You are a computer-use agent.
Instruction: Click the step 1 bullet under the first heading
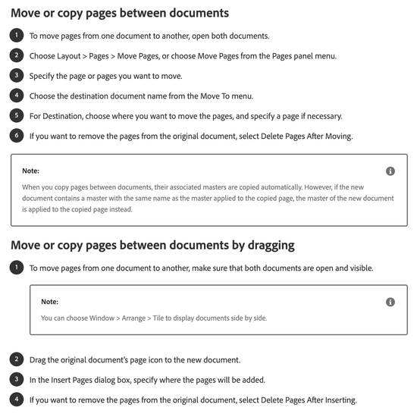pos(17,36)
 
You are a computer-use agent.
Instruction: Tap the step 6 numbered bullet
pos(17,136)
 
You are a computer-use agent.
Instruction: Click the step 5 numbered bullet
pos(17,115)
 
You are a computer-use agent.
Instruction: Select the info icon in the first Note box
pos(390,171)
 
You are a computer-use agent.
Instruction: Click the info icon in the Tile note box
pos(390,302)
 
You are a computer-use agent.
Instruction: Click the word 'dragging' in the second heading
pos(266,245)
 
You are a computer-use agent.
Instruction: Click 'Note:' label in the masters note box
pos(30,171)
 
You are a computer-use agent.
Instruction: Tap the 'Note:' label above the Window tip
pos(49,302)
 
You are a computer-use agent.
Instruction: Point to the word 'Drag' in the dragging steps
pos(40,359)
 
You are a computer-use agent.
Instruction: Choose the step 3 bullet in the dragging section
pos(17,378)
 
